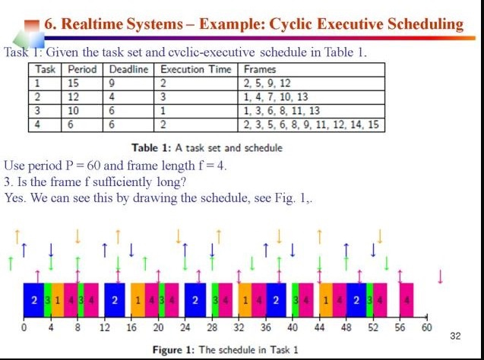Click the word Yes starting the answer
[x=14, y=198]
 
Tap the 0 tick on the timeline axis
[x=24, y=327]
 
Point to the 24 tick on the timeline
[x=185, y=327]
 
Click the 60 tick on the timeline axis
[x=426, y=327]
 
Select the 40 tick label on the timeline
[x=292, y=327]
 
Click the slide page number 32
[x=456, y=335]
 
